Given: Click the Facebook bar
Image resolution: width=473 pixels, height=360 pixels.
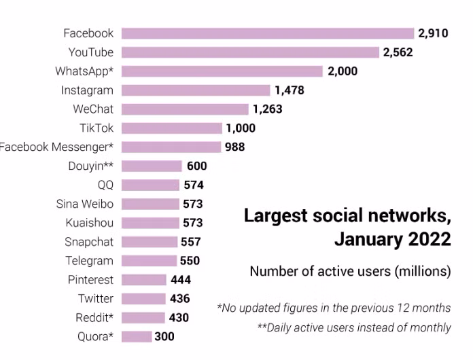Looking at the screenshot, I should (x=268, y=33).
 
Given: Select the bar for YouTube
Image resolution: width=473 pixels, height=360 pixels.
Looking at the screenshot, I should (x=250, y=52).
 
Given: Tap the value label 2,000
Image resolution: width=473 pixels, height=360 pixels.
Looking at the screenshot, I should (x=342, y=71).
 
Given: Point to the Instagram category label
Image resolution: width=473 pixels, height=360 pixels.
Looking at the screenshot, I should (x=87, y=90).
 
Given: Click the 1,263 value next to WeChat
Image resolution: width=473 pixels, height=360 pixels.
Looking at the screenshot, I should (x=267, y=109).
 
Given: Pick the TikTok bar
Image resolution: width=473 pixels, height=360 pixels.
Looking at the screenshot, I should (x=172, y=128).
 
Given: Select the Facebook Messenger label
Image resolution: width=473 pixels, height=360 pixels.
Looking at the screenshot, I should (x=56, y=147).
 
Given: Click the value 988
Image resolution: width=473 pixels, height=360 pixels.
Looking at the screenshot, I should (x=234, y=147).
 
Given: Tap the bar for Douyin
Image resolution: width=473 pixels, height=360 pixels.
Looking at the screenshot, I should (x=152, y=166).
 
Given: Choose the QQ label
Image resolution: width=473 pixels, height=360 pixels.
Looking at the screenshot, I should (x=105, y=185).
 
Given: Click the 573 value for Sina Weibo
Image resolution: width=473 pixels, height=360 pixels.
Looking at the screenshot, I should (x=192, y=204).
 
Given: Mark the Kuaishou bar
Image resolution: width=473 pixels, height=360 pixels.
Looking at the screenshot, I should (x=151, y=223).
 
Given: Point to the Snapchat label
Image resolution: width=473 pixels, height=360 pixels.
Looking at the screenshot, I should (x=89, y=242).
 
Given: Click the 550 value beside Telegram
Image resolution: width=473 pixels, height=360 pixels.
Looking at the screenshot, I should (x=190, y=261).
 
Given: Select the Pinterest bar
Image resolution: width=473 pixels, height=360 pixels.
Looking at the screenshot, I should (x=144, y=280).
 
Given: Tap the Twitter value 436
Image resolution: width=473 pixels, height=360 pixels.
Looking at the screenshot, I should (x=179, y=299).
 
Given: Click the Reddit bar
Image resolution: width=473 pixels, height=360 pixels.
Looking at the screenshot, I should (x=143, y=318).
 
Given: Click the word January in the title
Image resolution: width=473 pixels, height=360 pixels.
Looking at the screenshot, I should (x=370, y=239).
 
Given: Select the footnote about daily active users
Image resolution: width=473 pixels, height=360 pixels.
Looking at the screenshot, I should (x=353, y=327).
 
